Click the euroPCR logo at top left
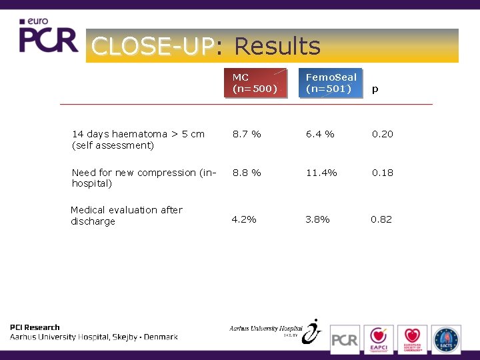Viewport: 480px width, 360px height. [48, 37]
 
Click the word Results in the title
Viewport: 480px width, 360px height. [277, 47]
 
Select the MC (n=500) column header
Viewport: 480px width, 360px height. [255, 83]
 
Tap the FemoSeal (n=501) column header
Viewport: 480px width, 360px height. [331, 83]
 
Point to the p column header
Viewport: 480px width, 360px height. [375, 89]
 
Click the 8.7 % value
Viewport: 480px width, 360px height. [247, 134]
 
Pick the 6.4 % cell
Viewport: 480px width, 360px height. [320, 134]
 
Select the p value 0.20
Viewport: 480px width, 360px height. [383, 134]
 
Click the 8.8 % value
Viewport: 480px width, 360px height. [247, 173]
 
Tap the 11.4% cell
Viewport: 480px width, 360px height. [321, 173]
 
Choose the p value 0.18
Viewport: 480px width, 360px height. [383, 173]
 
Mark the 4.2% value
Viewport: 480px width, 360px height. [244, 219]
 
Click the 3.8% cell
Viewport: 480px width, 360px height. [317, 219]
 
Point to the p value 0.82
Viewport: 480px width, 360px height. [381, 219]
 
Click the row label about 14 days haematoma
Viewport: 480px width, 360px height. [138, 139]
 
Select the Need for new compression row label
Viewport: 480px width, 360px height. [144, 177]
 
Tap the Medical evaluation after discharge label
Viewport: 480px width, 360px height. [127, 215]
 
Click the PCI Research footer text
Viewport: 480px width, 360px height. [35, 327]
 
